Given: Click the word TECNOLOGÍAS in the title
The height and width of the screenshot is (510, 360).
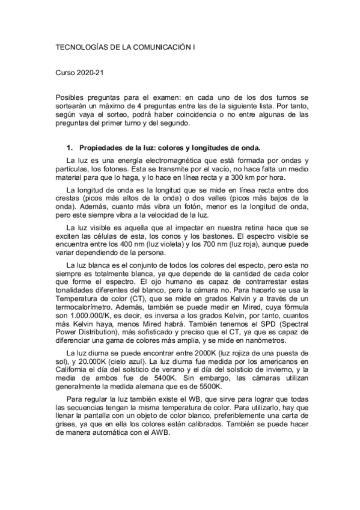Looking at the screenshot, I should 80,46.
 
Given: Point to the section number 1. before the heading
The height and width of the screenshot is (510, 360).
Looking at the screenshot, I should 69,147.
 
